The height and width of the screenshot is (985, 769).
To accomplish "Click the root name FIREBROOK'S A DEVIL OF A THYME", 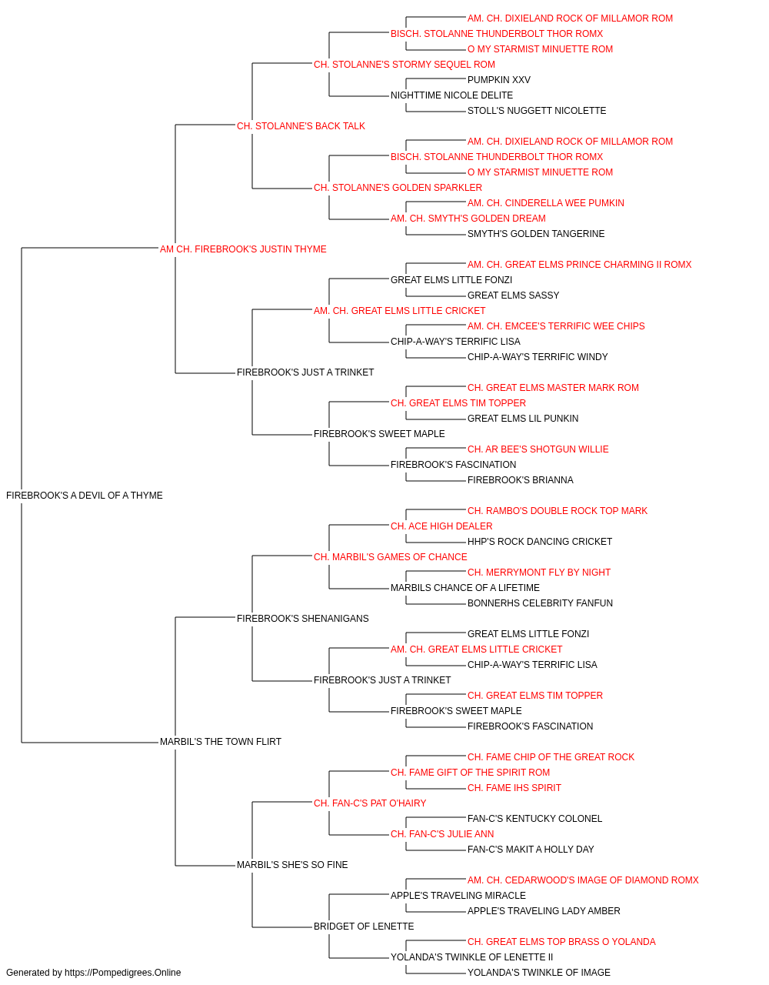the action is (x=85, y=496).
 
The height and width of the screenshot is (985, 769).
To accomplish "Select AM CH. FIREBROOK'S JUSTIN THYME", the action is (x=243, y=249).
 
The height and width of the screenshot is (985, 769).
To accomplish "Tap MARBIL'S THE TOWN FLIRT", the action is (x=220, y=742).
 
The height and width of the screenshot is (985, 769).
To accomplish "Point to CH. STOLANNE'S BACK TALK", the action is (x=301, y=126).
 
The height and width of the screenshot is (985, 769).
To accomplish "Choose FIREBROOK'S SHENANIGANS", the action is (x=302, y=618).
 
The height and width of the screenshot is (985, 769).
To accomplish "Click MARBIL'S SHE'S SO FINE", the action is (x=292, y=865).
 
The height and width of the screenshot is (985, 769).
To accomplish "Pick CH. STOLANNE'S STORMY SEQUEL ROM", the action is (x=404, y=65).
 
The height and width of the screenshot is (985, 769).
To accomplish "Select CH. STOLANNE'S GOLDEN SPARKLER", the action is (x=398, y=188).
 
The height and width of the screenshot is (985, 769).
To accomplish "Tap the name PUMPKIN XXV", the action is (x=498, y=80).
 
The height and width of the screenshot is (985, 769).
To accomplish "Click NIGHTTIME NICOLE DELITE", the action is (x=451, y=95).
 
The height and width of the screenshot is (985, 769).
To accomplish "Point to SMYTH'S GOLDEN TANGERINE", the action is (x=536, y=234).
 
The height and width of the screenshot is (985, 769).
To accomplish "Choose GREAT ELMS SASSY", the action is (x=513, y=295).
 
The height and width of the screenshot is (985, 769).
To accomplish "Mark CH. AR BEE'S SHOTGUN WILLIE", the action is (x=538, y=449).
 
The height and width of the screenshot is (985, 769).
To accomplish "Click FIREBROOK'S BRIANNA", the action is (x=521, y=480).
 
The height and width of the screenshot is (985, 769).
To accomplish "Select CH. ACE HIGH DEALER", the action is (x=441, y=526).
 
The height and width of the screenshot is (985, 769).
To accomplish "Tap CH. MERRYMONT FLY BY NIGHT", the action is (x=539, y=573).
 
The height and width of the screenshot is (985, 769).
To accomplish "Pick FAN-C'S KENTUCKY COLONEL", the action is (x=534, y=819).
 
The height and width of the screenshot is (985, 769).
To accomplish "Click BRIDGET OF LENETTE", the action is (x=364, y=927).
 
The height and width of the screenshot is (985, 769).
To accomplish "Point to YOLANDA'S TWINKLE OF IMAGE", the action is (x=538, y=973).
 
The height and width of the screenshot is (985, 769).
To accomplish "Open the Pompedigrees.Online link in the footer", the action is (x=122, y=973).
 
